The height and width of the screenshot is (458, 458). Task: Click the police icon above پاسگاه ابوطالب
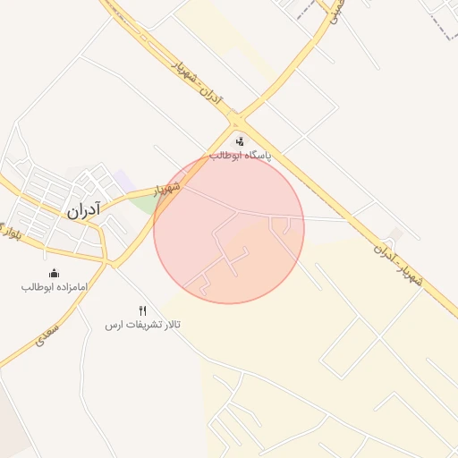point(240,140)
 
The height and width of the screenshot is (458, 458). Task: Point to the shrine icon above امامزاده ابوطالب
point(54,273)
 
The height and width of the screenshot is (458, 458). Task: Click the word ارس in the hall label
point(112,323)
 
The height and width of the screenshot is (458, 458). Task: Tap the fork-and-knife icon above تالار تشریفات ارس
point(142,310)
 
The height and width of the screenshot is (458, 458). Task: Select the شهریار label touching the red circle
point(167,190)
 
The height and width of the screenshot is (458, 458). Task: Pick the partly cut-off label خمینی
point(334,13)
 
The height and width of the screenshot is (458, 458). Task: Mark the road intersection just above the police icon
point(237,122)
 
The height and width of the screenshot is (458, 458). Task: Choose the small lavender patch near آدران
point(122,179)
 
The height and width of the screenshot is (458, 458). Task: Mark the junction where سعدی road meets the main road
point(109,264)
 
